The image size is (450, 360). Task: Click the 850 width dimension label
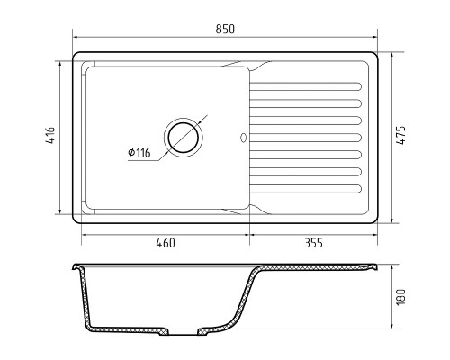click(x=225, y=29)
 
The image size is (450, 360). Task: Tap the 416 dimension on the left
click(x=50, y=136)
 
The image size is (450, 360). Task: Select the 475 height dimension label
click(x=401, y=136)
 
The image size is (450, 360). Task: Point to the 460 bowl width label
click(x=166, y=243)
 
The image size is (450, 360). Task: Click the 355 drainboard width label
click(x=313, y=243)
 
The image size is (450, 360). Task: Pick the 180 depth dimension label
click(x=401, y=297)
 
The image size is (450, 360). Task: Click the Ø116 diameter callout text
click(x=139, y=153)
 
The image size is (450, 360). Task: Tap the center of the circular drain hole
click(x=184, y=138)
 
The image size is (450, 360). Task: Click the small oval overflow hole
click(x=243, y=138)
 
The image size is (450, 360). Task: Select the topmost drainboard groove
click(x=306, y=86)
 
